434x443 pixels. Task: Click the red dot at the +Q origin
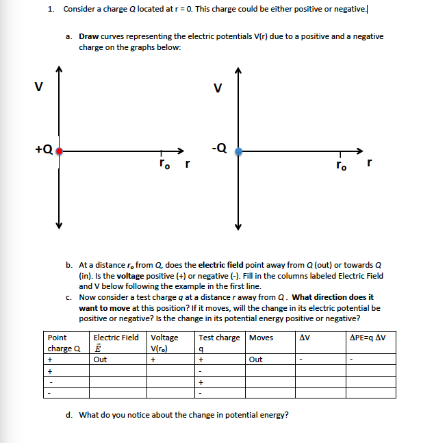[x=60, y=151]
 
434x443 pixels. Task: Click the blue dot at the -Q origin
[x=238, y=151]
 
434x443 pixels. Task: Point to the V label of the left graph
[x=38, y=86]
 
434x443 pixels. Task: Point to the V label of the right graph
[x=218, y=87]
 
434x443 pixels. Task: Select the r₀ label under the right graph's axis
[x=340, y=165]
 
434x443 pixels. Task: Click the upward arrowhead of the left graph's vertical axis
[x=60, y=68]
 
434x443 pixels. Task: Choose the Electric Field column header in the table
[x=116, y=337]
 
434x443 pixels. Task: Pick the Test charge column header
[x=219, y=337]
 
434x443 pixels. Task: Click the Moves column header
[x=261, y=337]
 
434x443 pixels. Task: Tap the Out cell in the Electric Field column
[x=100, y=358]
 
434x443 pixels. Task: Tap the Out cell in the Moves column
[x=255, y=358]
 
